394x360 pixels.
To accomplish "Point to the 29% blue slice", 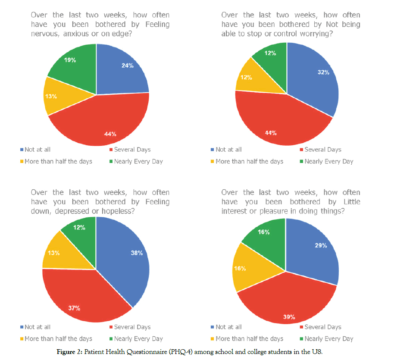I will point(315,250).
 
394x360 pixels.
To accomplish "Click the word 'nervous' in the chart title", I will point(44,34).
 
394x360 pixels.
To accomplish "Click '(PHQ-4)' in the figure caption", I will point(182,352).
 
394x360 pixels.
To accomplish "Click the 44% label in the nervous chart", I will point(110,134).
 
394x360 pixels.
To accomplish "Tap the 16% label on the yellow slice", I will point(240,268).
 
